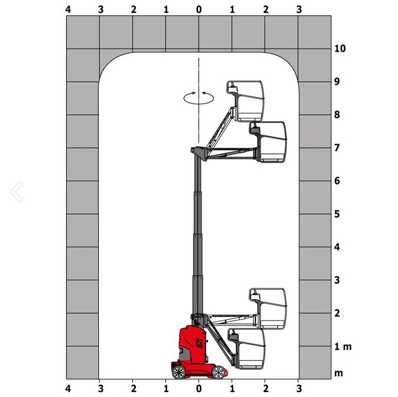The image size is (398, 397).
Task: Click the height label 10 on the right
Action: (x=340, y=48)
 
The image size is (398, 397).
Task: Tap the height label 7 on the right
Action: (x=337, y=148)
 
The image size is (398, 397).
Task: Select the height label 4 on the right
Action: (x=337, y=247)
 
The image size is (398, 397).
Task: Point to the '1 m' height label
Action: (x=343, y=346)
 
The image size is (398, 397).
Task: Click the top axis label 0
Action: (x=199, y=10)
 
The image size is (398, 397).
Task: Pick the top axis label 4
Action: (x=68, y=10)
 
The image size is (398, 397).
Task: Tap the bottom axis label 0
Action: (x=199, y=388)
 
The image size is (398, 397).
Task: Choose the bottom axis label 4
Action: (x=68, y=388)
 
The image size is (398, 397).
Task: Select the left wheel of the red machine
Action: (x=179, y=372)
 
